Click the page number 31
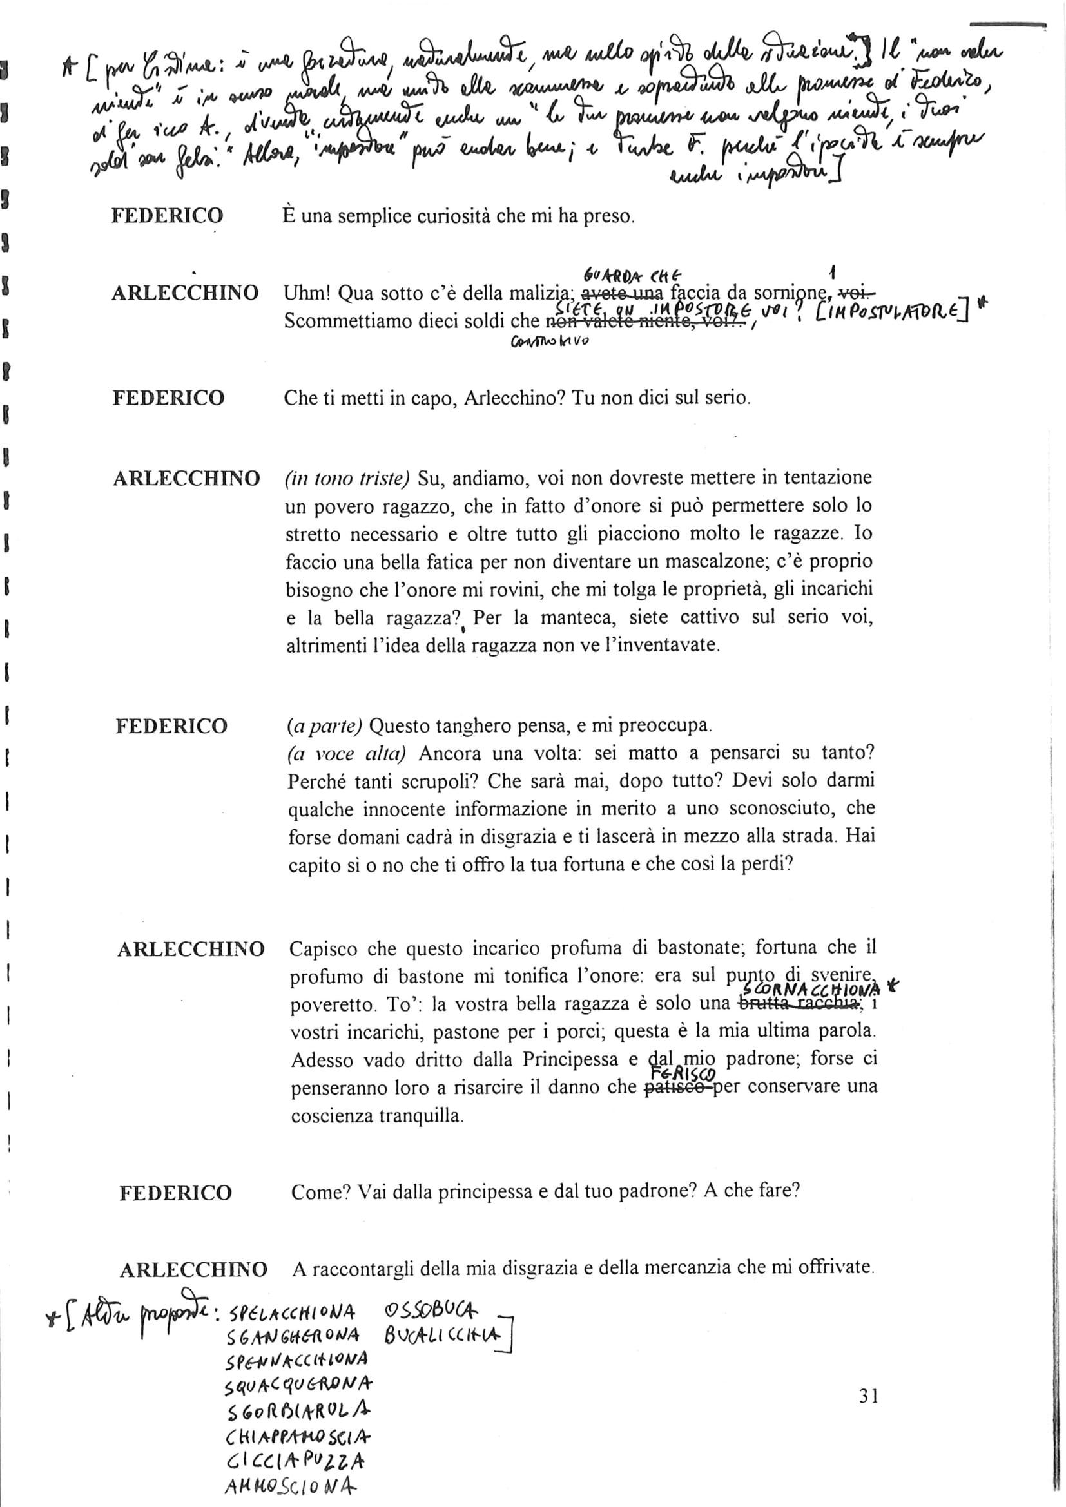[868, 1396]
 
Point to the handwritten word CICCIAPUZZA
[295, 1457]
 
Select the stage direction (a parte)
[324, 726]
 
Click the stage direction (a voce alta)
[347, 754]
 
